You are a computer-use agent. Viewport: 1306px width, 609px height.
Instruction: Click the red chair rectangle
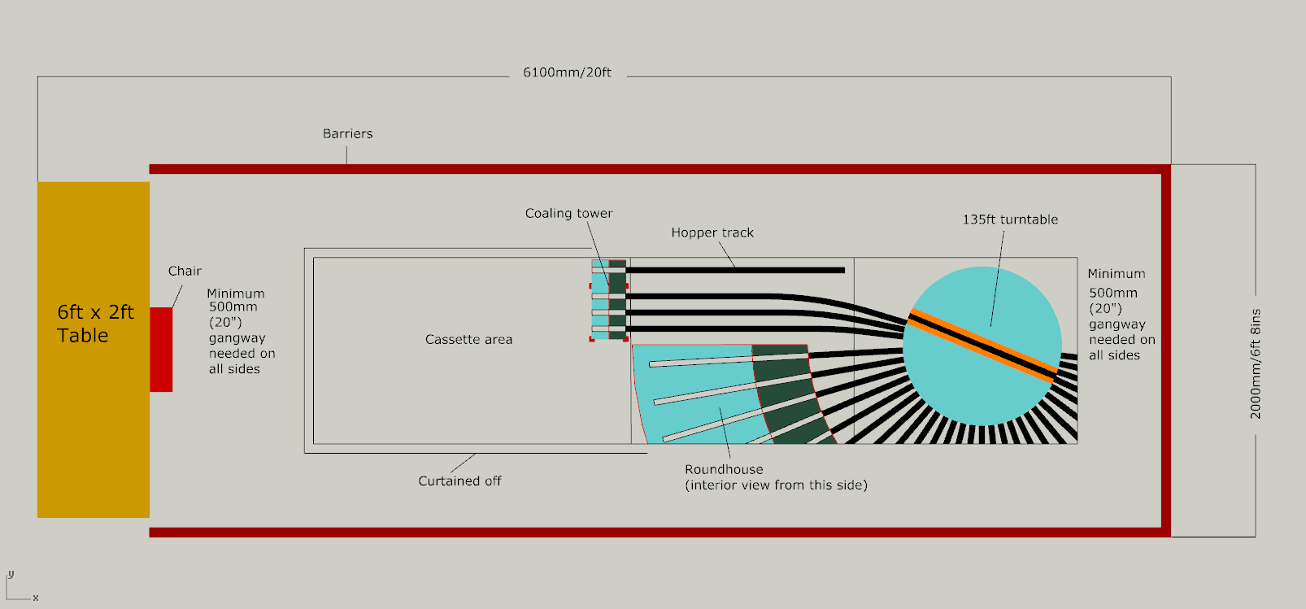point(161,349)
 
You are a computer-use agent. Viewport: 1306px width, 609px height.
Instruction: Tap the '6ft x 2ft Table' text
point(94,324)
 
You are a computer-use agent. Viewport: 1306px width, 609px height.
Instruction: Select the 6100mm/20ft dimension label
point(567,72)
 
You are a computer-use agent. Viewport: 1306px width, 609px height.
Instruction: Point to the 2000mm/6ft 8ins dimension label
point(1256,364)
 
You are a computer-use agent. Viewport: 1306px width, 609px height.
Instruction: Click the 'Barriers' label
point(347,133)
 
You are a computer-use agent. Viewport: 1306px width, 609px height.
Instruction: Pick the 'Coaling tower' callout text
point(568,213)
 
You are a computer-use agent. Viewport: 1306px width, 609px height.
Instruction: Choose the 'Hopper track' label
point(712,233)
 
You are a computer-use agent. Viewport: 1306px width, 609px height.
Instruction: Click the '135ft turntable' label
point(1010,220)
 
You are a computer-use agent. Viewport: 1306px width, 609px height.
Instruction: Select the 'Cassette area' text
point(468,339)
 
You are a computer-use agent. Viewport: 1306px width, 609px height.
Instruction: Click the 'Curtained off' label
point(459,481)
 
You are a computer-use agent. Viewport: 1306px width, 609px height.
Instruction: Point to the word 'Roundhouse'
point(724,469)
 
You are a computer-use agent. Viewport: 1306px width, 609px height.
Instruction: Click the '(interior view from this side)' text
point(776,485)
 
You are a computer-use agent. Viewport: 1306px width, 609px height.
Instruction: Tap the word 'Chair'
point(185,271)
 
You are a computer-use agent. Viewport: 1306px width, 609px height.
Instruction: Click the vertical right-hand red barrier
point(1165,350)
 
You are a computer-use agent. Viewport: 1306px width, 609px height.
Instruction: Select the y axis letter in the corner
point(11,574)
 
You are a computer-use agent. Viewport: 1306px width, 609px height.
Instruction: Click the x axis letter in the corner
point(36,598)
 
